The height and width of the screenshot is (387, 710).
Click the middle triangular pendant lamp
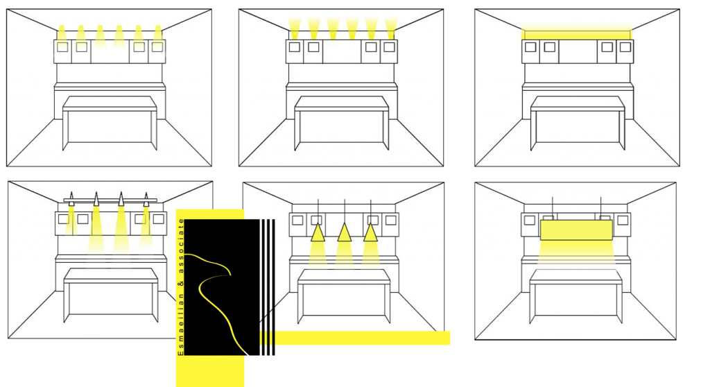coord(344,232)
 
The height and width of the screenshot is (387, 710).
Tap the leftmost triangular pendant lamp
coord(318,232)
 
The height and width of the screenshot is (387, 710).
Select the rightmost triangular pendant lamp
coord(370,232)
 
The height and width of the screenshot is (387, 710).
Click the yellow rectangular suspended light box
coord(576,230)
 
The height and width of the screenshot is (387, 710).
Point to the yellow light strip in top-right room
coord(576,35)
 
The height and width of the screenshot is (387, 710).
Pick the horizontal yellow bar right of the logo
coord(355,338)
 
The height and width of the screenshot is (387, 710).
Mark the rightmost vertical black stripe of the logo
coord(273,287)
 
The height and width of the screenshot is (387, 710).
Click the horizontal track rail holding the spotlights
coord(110,200)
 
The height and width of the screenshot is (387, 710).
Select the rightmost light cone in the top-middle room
coord(391,28)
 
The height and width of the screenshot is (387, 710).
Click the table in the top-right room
coord(577,123)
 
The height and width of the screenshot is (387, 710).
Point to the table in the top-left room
coord(110,123)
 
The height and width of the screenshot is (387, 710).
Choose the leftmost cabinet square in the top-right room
coord(530,46)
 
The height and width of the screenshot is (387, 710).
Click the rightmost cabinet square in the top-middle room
coord(389,46)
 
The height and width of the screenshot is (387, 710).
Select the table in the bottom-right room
coord(576,296)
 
